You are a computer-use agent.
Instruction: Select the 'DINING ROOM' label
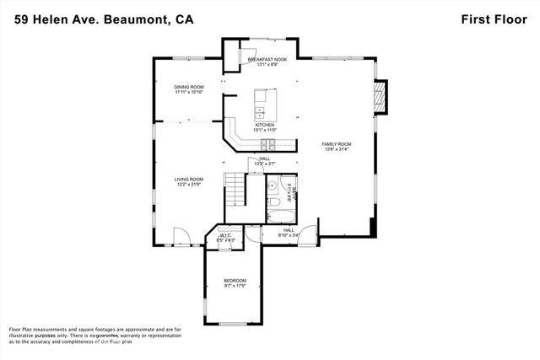tap(189, 87)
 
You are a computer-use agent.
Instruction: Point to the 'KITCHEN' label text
tap(265, 125)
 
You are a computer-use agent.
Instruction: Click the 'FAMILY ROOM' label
tap(337, 144)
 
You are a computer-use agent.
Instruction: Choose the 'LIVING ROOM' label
tap(189, 179)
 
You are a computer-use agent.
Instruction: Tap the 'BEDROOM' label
tap(235, 280)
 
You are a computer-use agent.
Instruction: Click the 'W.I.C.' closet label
tap(225, 235)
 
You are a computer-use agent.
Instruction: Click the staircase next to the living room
tap(234, 187)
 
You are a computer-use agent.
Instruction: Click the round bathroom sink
tap(273, 185)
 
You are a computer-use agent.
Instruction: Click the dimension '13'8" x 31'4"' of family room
tap(337, 151)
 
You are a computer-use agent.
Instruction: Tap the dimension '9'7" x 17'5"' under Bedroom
tap(235, 287)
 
